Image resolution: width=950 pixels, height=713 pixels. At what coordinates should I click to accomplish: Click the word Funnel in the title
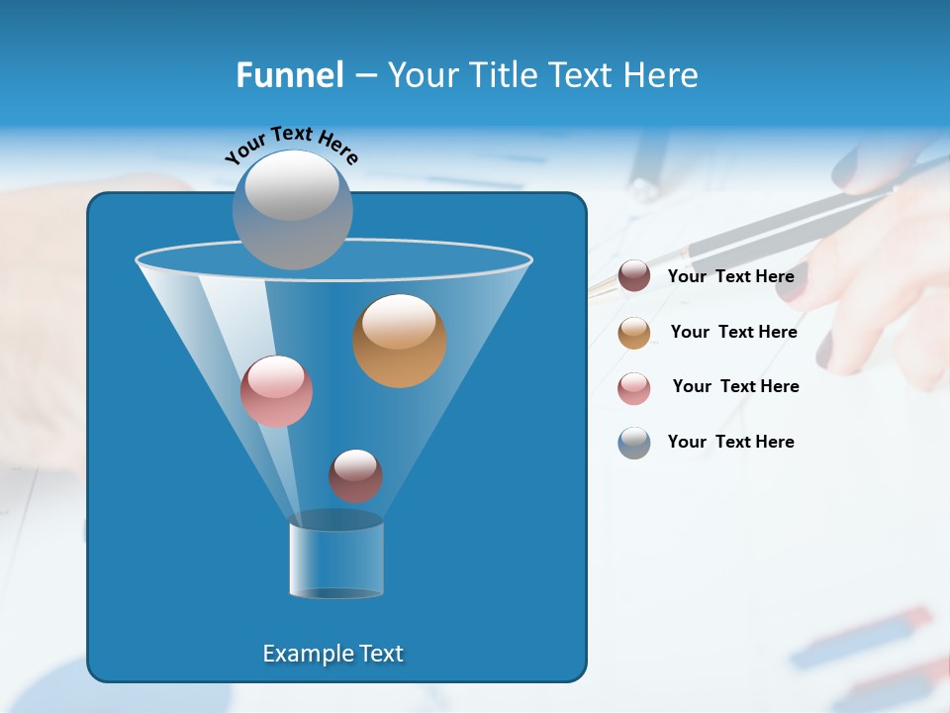click(x=289, y=75)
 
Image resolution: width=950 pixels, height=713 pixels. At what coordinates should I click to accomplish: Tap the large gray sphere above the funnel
click(x=292, y=209)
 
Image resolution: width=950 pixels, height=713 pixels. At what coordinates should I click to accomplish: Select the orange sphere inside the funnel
click(x=400, y=341)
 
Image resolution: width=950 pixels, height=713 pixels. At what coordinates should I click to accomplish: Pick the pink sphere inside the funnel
click(x=277, y=391)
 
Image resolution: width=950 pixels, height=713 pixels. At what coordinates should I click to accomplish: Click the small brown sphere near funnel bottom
click(x=355, y=476)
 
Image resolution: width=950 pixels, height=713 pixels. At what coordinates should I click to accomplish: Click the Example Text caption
click(x=332, y=654)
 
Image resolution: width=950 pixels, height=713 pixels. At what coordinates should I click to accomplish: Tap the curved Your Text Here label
click(x=291, y=144)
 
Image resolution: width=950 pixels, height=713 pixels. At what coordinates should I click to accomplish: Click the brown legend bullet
click(x=634, y=276)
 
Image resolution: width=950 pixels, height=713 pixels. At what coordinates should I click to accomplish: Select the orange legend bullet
click(x=634, y=333)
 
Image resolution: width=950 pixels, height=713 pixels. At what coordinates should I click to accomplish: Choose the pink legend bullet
click(x=634, y=388)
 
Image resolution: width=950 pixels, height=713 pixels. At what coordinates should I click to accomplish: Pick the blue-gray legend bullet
click(x=634, y=443)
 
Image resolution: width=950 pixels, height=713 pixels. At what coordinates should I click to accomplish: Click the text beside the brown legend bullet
click(x=730, y=276)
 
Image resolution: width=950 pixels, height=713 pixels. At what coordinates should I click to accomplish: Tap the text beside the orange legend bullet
click(x=733, y=332)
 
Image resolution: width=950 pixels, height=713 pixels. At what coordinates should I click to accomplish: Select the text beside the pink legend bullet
click(x=735, y=386)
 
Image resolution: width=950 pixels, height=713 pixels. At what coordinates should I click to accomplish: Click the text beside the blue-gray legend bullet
click(x=730, y=442)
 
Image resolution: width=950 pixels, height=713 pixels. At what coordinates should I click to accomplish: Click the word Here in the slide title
click(x=662, y=75)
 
